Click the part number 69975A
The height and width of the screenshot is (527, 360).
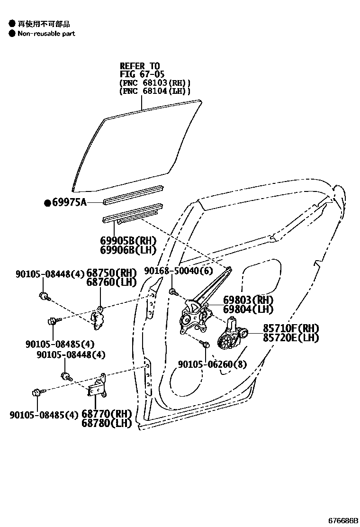69,203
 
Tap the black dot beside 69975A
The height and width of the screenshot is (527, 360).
47,203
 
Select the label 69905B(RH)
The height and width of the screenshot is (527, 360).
128,241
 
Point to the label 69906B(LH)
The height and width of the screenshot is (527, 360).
128,250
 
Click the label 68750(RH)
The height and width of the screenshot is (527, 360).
111,273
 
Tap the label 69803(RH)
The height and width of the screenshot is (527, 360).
248,300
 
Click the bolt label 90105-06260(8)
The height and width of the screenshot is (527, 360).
213,364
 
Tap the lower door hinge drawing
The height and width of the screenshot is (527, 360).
97,386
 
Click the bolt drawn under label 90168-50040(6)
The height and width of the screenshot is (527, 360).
173,291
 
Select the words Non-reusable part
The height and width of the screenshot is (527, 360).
46,34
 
